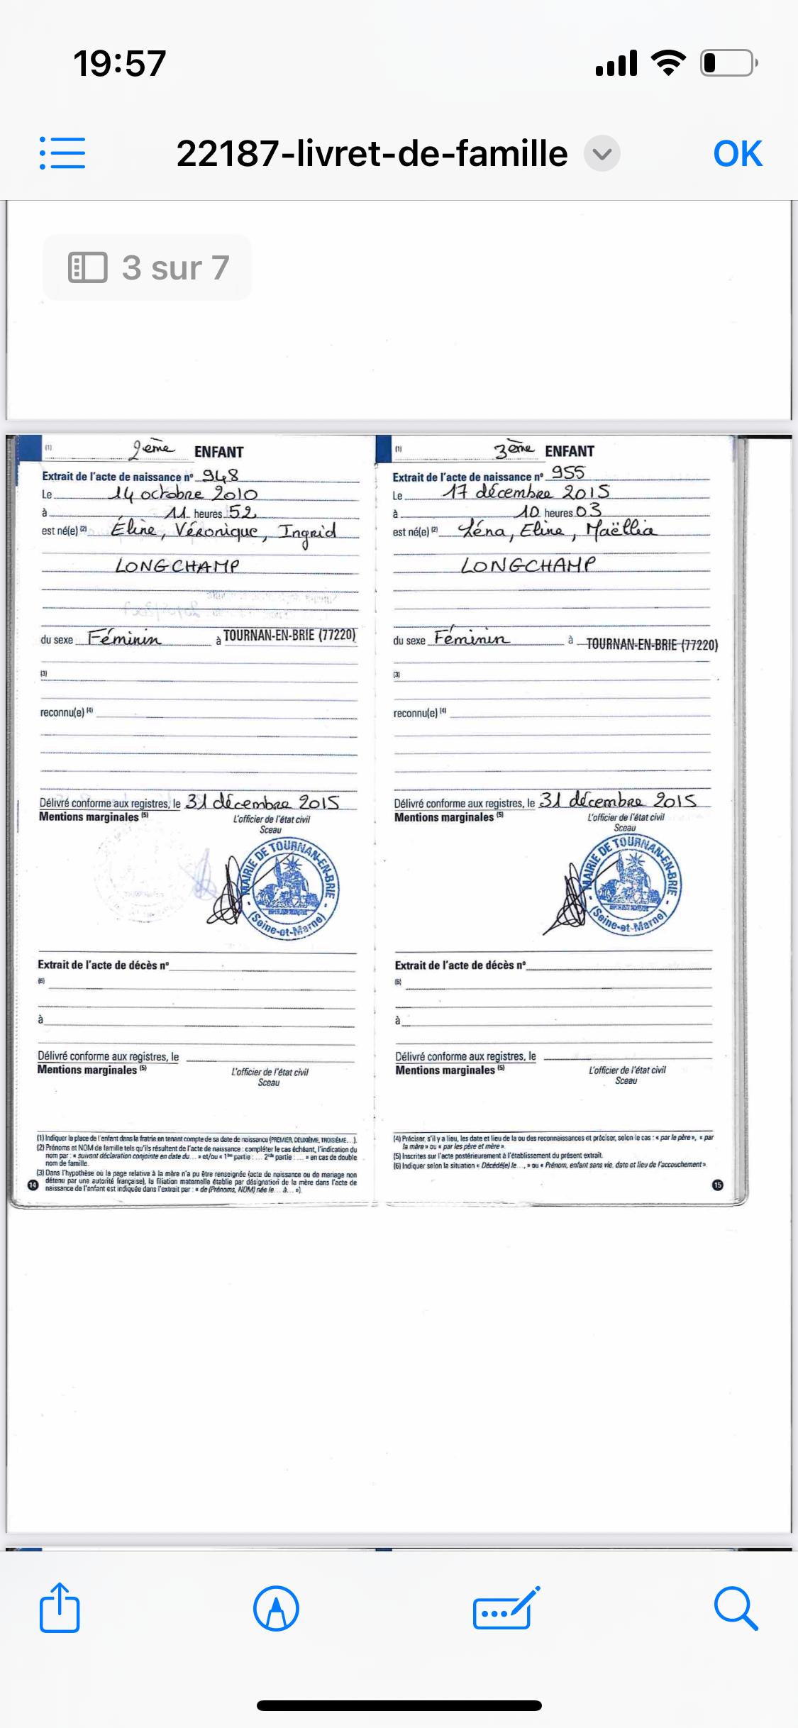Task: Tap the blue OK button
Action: pyautogui.click(x=737, y=154)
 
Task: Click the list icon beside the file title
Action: pyautogui.click(x=62, y=153)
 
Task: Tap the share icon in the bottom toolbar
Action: pyautogui.click(x=60, y=1609)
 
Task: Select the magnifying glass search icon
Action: pyautogui.click(x=736, y=1609)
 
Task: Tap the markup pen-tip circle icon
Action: pyautogui.click(x=276, y=1609)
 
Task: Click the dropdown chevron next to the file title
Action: pyautogui.click(x=602, y=154)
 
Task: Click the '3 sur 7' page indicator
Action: pyautogui.click(x=148, y=267)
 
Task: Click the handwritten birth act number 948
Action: pyautogui.click(x=221, y=475)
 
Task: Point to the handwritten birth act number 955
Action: pyautogui.click(x=568, y=472)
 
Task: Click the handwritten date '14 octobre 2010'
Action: pyautogui.click(x=183, y=494)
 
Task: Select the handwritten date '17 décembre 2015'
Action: pyautogui.click(x=526, y=492)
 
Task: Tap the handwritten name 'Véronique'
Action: pyautogui.click(x=217, y=531)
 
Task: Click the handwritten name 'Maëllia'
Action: pyautogui.click(x=621, y=529)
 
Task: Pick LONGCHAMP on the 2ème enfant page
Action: pyautogui.click(x=177, y=566)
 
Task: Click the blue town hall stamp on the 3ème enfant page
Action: pyautogui.click(x=630, y=884)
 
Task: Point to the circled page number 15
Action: pyautogui.click(x=718, y=1185)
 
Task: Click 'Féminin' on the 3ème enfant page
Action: pyautogui.click(x=471, y=638)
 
